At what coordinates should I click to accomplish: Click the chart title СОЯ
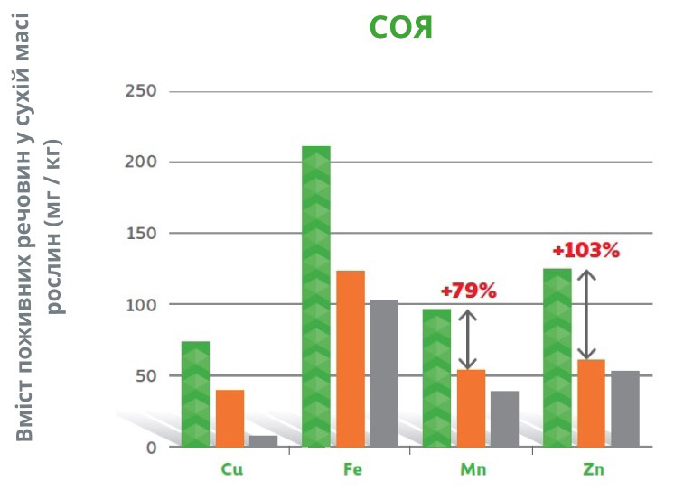point(401,27)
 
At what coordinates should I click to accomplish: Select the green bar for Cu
point(195,393)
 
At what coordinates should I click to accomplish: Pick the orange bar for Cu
point(230,418)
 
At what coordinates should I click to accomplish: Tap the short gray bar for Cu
point(263,441)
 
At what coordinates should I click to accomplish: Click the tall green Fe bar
point(316,296)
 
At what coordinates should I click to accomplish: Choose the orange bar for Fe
point(351,358)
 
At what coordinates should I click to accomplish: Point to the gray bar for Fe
point(384,373)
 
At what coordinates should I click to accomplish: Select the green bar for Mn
point(436,377)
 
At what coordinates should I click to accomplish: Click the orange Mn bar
point(472,408)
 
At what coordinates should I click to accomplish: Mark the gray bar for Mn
point(504,419)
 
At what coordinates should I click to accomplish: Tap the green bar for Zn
point(557,357)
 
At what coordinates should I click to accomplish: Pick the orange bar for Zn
point(591,402)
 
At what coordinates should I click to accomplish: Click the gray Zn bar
point(624,409)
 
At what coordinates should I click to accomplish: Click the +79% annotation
point(468,291)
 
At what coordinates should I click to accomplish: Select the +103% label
point(586,251)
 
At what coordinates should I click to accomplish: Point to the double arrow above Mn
point(467,340)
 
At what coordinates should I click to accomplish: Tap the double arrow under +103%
point(586,315)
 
